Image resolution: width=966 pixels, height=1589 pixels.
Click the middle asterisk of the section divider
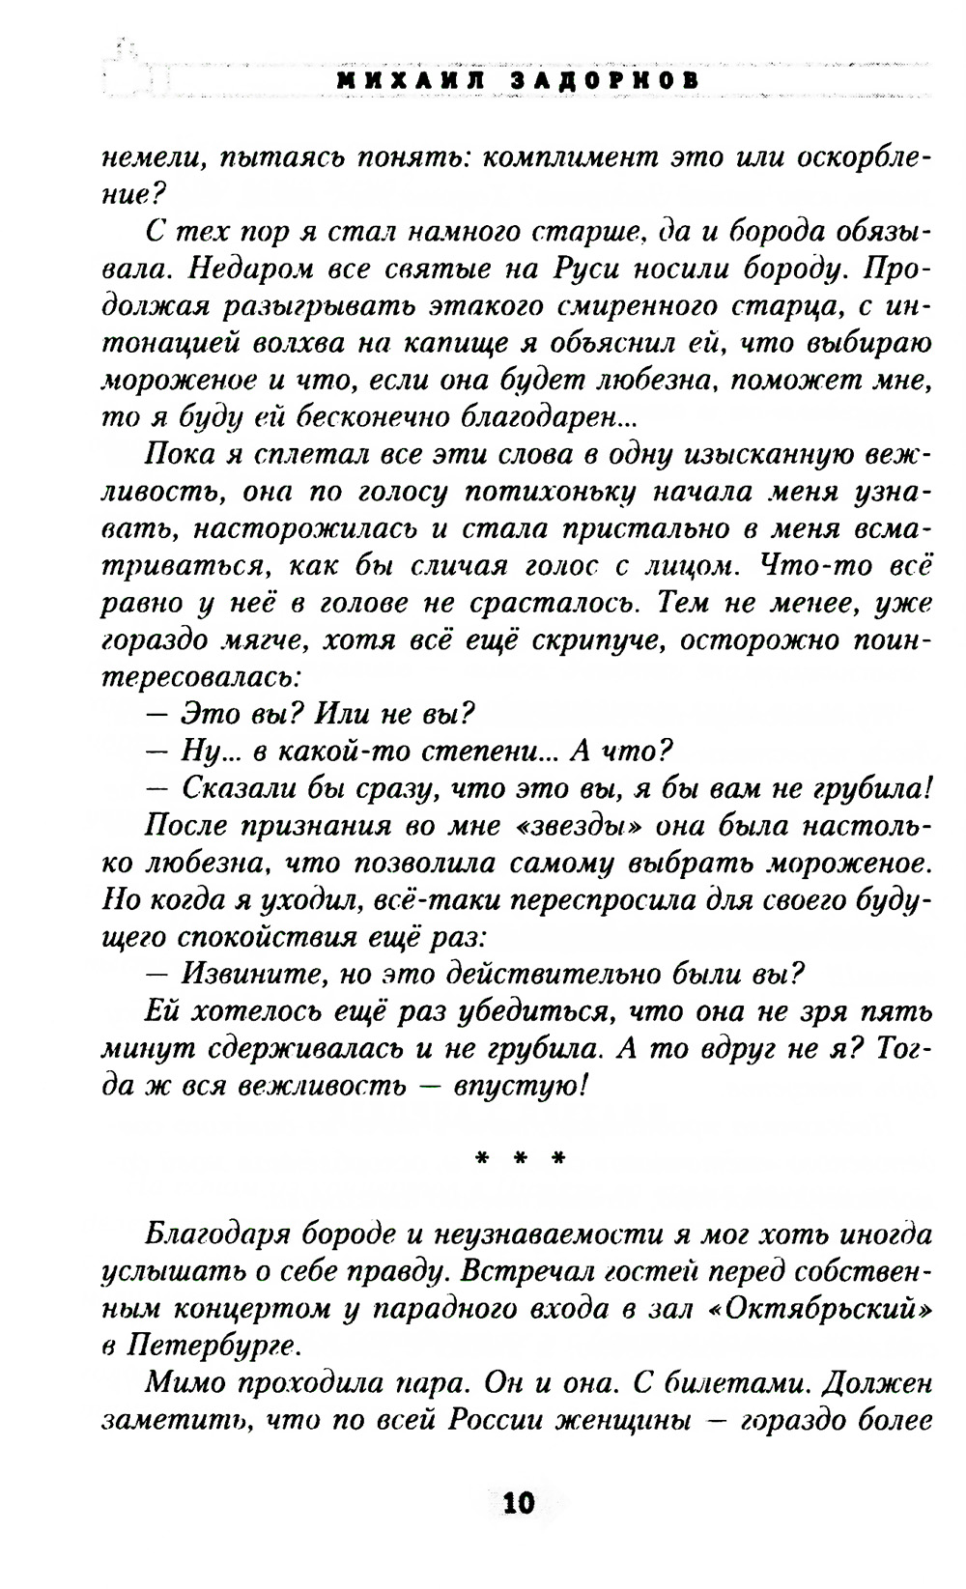(x=519, y=1155)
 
